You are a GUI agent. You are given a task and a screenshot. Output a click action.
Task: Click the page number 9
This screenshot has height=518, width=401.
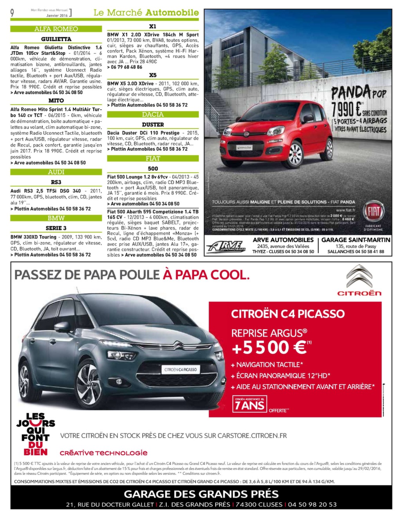(12, 13)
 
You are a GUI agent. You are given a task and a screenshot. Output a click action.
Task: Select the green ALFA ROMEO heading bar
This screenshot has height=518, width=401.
(56, 29)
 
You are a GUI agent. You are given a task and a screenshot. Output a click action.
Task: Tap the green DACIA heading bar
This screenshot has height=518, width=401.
(153, 114)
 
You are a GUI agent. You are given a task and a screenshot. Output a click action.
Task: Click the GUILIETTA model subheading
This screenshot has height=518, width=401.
(56, 39)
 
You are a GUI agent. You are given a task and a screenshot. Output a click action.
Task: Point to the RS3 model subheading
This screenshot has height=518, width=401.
(56, 182)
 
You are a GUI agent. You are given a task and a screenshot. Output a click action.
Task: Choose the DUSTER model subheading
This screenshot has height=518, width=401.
(153, 125)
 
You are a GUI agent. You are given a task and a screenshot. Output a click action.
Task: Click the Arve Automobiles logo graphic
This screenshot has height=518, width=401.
(226, 246)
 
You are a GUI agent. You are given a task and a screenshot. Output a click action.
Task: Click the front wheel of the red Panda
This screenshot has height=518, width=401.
(293, 154)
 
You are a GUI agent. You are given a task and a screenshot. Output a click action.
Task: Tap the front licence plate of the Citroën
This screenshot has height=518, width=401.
(181, 369)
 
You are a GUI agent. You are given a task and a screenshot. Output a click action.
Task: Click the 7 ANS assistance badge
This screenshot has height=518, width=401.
(250, 404)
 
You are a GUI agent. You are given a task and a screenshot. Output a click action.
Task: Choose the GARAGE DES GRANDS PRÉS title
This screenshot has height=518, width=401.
(201, 494)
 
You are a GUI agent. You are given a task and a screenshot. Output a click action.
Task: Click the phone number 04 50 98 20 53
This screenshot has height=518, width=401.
(312, 505)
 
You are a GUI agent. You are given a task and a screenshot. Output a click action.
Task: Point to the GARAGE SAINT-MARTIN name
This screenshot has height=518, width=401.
(356, 240)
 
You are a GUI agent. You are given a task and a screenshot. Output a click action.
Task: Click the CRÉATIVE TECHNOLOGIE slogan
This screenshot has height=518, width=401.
(104, 453)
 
